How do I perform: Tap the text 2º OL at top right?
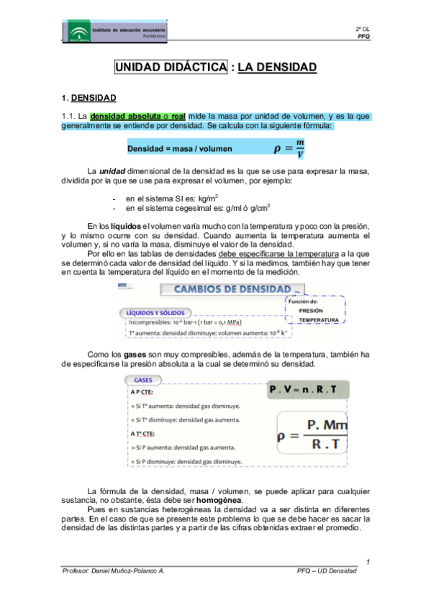(363, 27)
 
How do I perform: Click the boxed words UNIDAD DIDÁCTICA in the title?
(170, 68)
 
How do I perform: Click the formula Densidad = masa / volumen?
(180, 149)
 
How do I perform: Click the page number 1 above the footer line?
(368, 560)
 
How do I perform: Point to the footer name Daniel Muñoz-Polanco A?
(126, 570)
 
